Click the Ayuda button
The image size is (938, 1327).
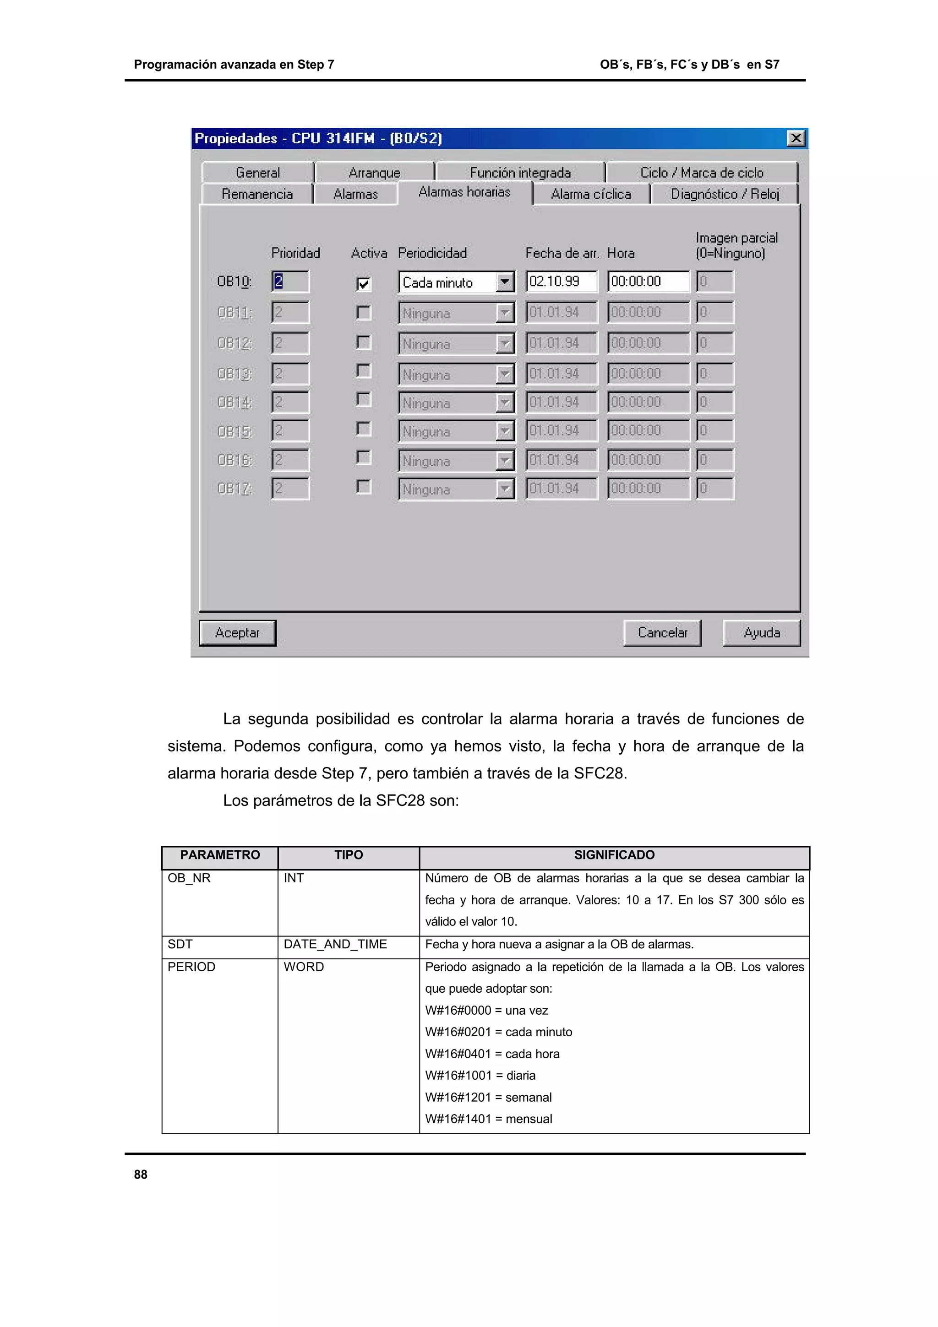[761, 633]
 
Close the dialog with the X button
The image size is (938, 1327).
[796, 138]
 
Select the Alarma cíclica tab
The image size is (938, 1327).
[591, 194]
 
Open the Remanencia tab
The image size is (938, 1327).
[257, 194]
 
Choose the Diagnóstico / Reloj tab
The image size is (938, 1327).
[725, 194]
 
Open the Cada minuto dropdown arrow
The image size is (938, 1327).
[505, 283]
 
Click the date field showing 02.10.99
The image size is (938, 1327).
[561, 282]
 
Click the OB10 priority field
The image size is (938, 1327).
[290, 282]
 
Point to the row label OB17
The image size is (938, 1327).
[234, 489]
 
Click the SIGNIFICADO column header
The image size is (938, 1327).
[614, 855]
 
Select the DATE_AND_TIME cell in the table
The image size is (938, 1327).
[335, 944]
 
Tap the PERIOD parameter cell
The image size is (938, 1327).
[191, 967]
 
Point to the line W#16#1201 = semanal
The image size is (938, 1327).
[488, 1097]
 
